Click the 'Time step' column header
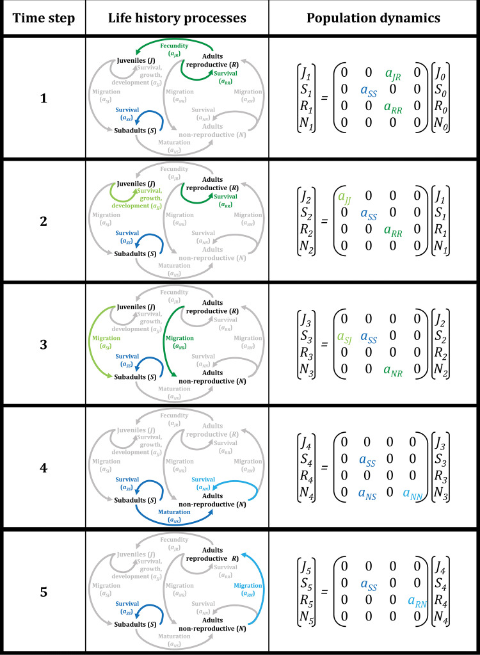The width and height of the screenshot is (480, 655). coord(42,18)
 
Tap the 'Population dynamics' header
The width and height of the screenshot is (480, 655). coord(373,18)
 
